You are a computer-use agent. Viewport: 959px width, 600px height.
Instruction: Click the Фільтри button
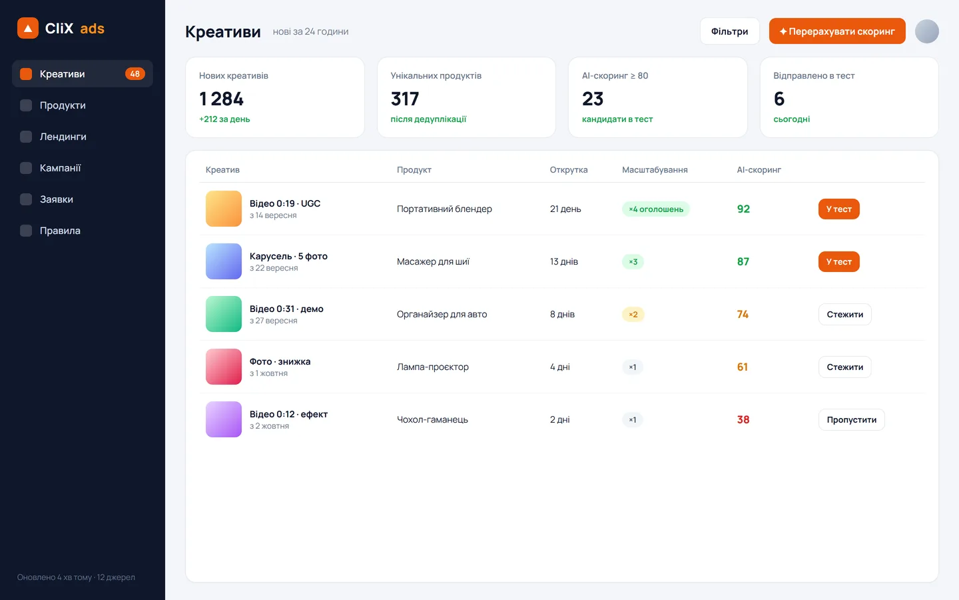(729, 31)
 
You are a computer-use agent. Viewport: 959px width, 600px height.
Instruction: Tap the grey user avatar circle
(927, 31)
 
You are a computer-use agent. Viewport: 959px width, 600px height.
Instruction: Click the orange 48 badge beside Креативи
(135, 74)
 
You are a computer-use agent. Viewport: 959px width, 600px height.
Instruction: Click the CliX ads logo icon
(28, 28)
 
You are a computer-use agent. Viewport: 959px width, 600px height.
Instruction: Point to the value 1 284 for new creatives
(221, 99)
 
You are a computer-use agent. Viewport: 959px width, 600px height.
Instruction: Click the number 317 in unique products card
(405, 99)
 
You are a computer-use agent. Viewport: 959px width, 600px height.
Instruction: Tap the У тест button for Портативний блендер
(838, 209)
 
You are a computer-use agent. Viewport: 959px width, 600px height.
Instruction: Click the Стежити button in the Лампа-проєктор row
(844, 367)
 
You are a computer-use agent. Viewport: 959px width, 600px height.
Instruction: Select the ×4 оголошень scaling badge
(656, 209)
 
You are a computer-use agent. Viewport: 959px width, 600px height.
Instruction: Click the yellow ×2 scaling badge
(633, 314)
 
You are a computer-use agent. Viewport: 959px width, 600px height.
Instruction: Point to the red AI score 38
(743, 419)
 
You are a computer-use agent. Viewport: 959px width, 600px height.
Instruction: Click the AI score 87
(743, 261)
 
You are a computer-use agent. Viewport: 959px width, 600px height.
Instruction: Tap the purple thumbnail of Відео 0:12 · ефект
(224, 419)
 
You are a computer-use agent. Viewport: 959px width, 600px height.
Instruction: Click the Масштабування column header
(655, 170)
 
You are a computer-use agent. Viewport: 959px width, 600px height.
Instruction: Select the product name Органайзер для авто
(442, 314)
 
